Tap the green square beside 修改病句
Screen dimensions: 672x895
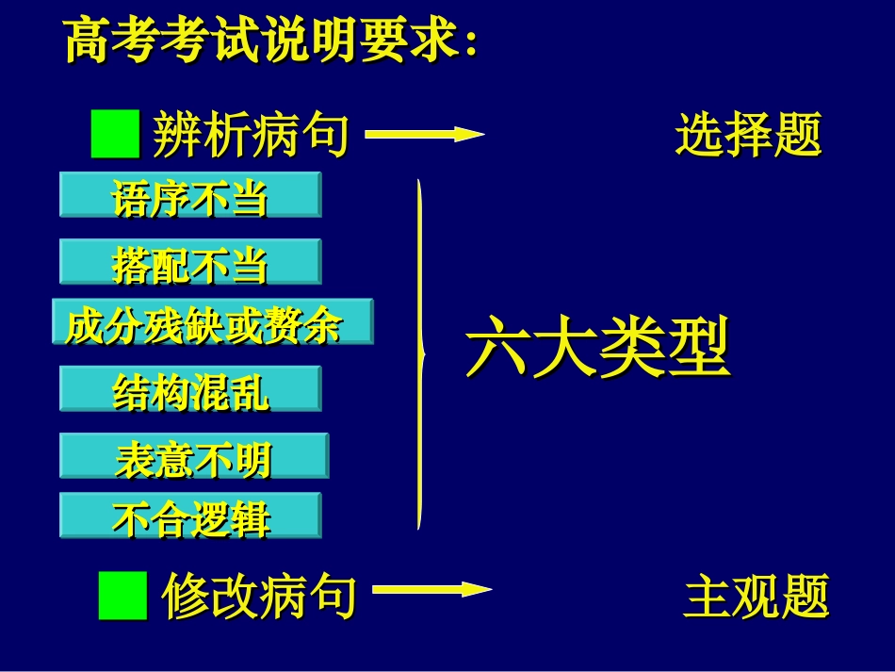(122, 596)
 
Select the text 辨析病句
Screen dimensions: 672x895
(251, 134)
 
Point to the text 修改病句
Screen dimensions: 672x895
(259, 597)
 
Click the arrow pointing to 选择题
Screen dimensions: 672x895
(424, 134)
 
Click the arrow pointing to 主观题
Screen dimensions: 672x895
(431, 591)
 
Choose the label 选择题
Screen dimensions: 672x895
(748, 134)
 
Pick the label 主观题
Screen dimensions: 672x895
(756, 597)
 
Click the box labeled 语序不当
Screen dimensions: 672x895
(190, 196)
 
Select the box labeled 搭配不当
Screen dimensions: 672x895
(190, 262)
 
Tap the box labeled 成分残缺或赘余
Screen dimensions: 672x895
(212, 322)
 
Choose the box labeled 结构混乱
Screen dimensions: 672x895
(190, 389)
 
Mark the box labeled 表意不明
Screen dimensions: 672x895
(194, 456)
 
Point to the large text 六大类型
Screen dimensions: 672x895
(597, 349)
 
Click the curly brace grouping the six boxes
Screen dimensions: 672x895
(420, 354)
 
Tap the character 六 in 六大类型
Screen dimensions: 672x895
(496, 349)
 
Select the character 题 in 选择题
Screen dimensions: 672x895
(797, 134)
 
